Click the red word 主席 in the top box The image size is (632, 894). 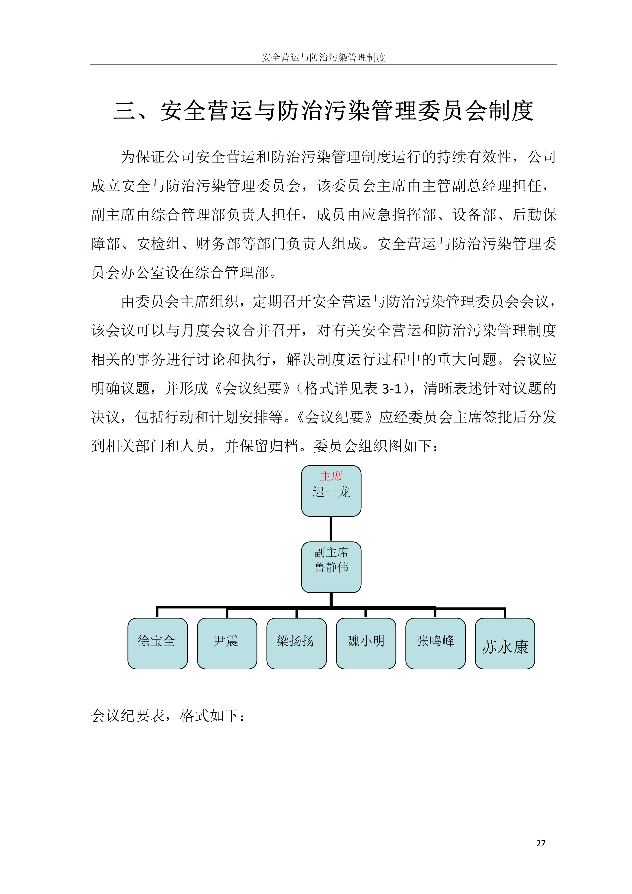point(331,476)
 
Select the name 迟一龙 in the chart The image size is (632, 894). point(331,492)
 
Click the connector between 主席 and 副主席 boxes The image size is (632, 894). point(331,529)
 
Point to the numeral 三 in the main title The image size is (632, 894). point(125,111)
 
